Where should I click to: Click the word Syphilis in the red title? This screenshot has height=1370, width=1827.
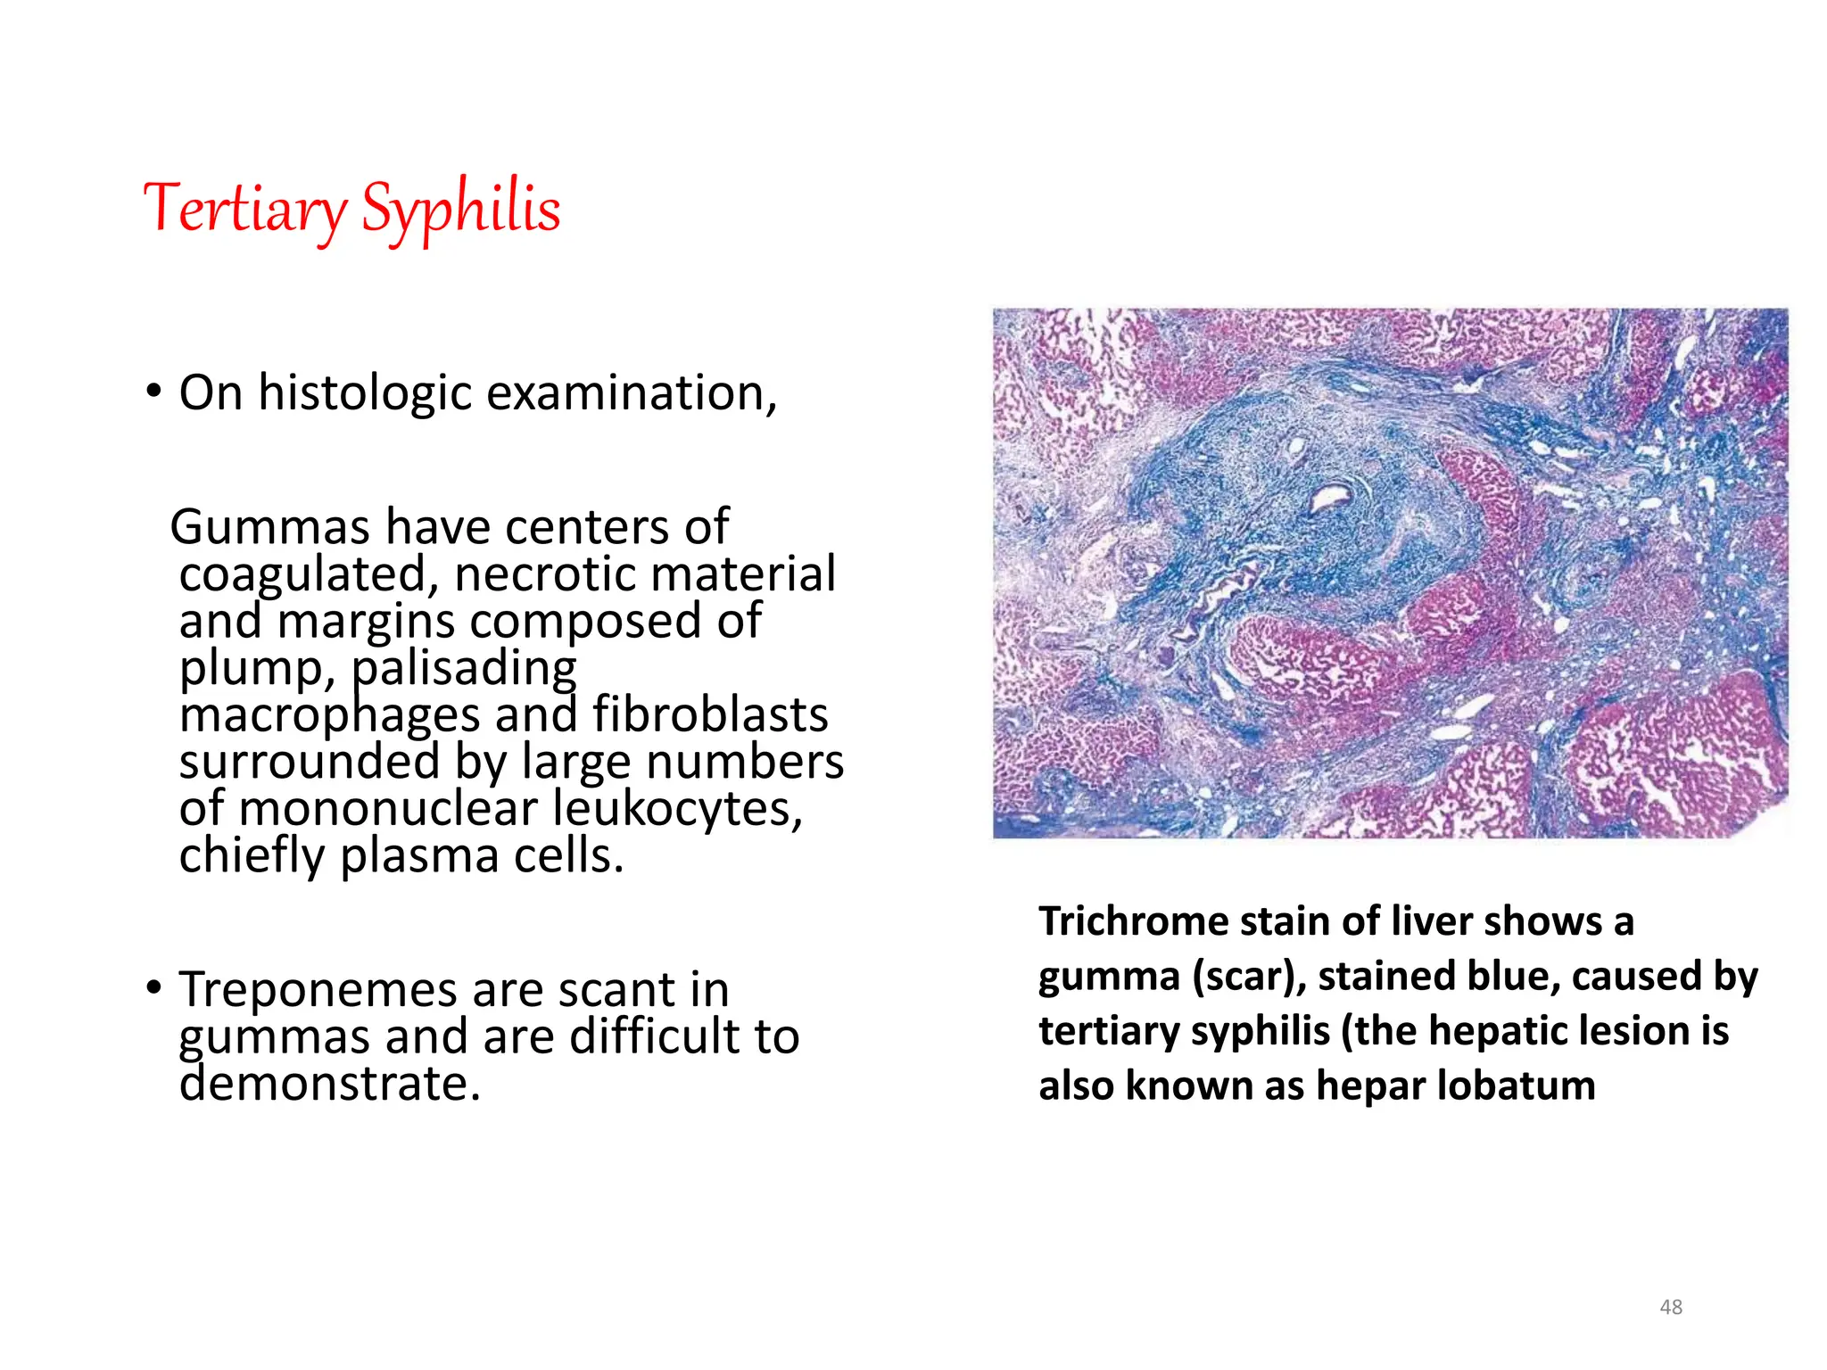click(x=460, y=208)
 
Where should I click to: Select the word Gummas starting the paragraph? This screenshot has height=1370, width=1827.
click(x=269, y=526)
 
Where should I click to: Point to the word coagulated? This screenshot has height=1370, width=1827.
click(x=309, y=574)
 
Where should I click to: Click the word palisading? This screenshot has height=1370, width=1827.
click(x=464, y=668)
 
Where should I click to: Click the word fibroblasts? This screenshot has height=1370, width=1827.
click(x=710, y=715)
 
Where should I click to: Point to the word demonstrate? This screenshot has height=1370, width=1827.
click(x=329, y=1084)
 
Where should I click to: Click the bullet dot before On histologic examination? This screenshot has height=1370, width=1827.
click(x=154, y=392)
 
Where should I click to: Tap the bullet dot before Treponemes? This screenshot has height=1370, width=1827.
click(x=154, y=988)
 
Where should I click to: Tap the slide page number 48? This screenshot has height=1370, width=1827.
click(x=1670, y=1308)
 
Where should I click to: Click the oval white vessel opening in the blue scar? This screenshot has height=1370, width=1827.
click(x=1331, y=497)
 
